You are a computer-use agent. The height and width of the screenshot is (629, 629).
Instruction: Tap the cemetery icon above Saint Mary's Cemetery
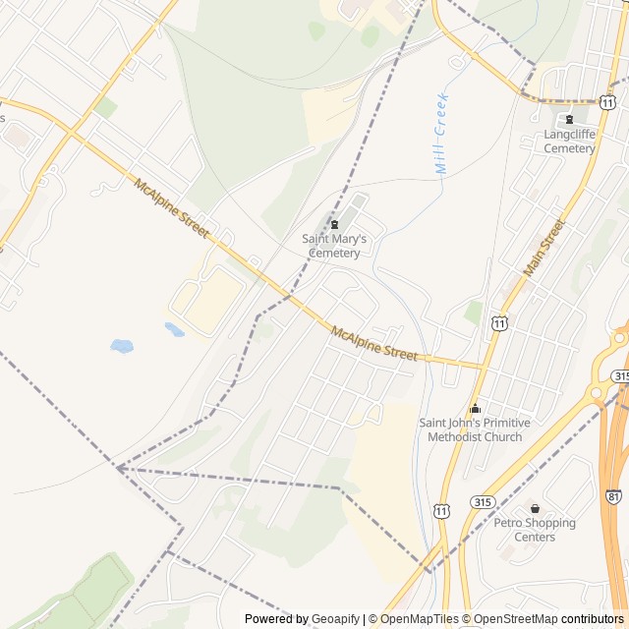(335, 224)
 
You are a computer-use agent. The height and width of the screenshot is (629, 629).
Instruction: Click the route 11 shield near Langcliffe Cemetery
(608, 102)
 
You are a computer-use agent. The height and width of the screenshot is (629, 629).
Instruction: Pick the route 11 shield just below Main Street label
(501, 322)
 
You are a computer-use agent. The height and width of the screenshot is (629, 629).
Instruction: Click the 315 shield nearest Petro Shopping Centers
(483, 502)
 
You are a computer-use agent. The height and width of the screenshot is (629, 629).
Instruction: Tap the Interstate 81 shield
(614, 498)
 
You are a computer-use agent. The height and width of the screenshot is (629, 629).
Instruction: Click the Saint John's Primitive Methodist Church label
(475, 429)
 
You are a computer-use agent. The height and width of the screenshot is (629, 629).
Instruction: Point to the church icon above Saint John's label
(476, 408)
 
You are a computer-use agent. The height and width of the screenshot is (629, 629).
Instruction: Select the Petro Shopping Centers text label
(535, 530)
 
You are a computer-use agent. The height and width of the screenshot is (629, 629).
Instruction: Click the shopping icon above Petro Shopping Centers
(535, 508)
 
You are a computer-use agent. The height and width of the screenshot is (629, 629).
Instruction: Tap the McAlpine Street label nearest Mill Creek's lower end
(374, 344)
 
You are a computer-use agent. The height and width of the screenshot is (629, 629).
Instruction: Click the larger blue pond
(122, 346)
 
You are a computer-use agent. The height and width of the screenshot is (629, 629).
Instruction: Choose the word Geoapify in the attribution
(336, 619)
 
